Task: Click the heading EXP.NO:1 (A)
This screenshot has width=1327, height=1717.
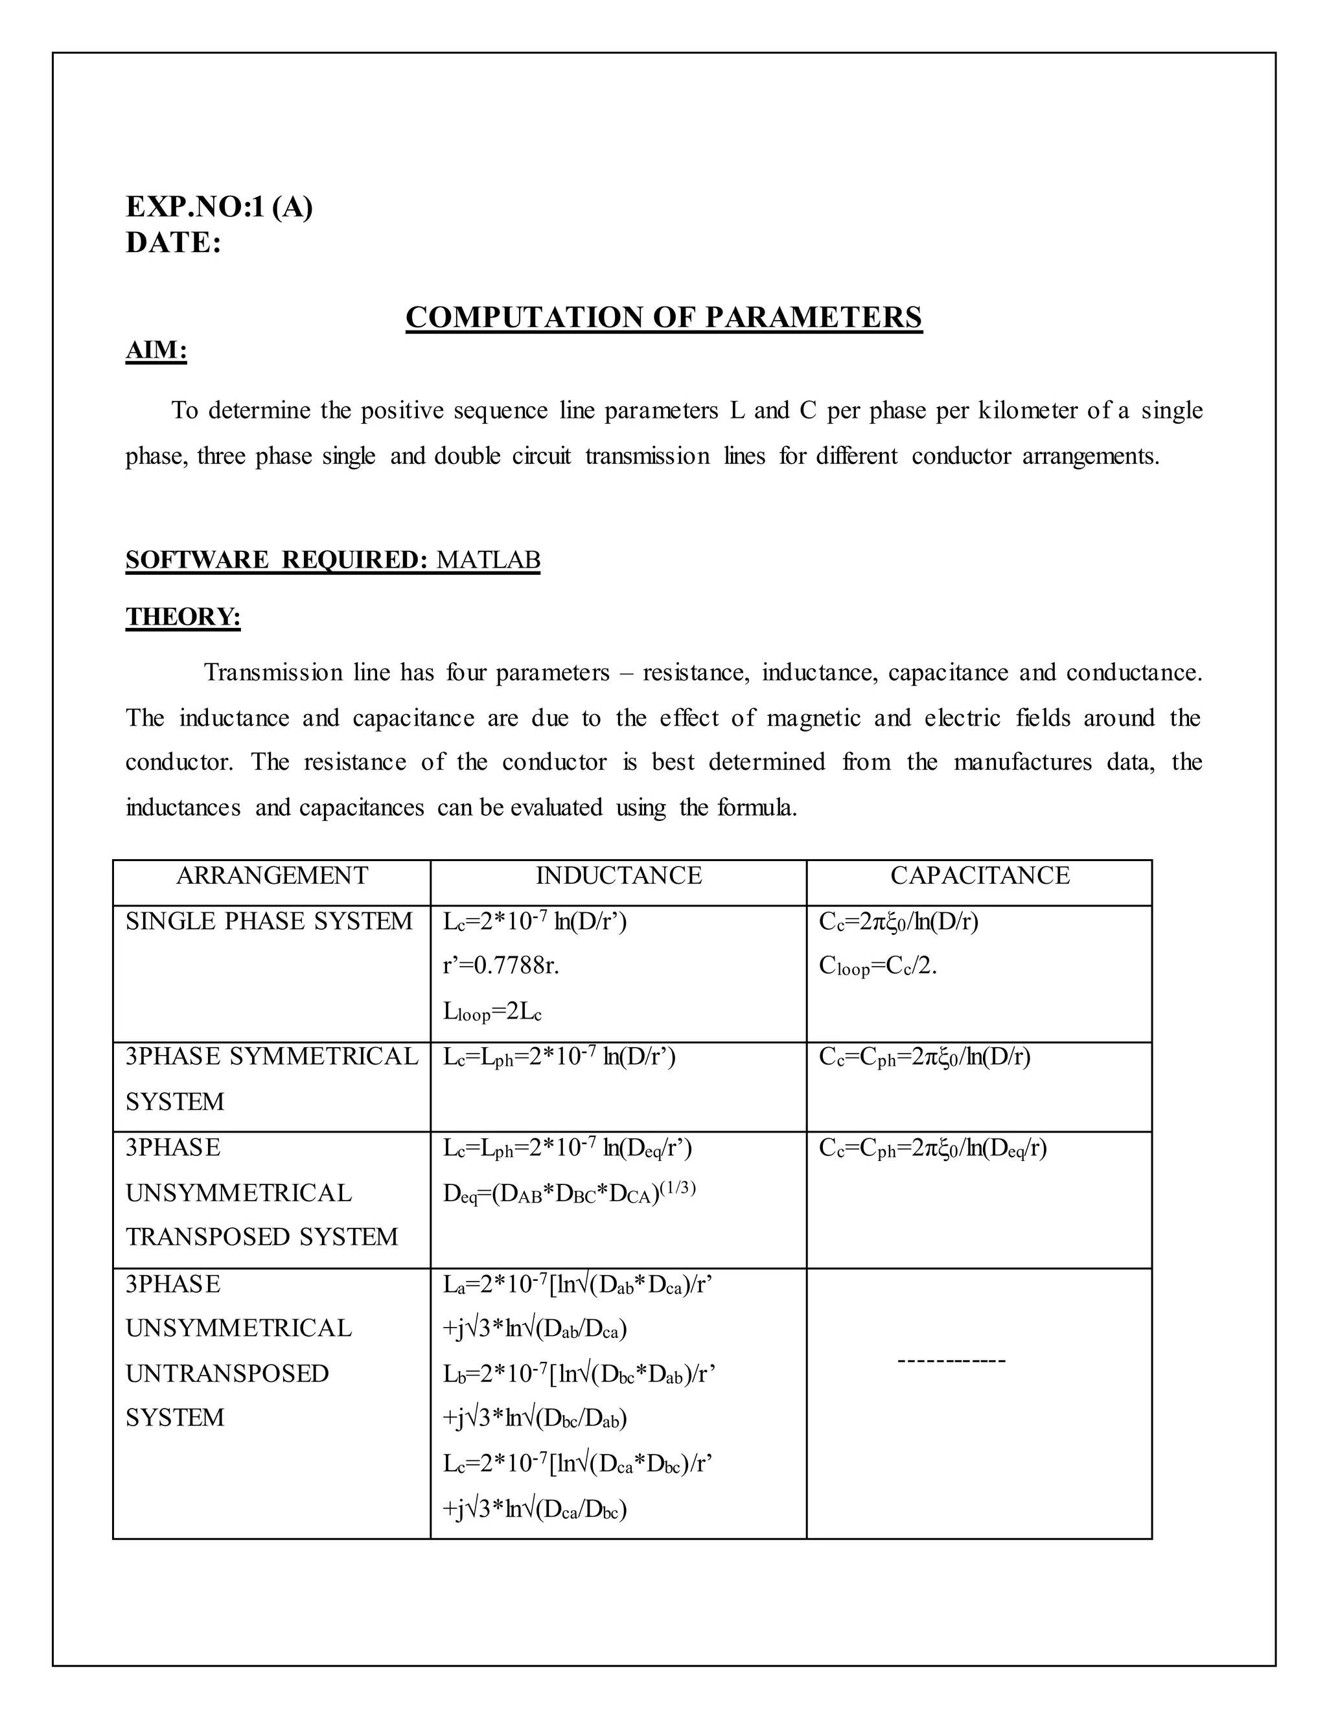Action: pyautogui.click(x=220, y=207)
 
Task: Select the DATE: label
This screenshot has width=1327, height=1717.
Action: pyautogui.click(x=174, y=243)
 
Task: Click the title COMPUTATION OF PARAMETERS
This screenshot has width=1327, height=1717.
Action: pyautogui.click(x=663, y=317)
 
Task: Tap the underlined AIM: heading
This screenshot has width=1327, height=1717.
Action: pyautogui.click(x=156, y=350)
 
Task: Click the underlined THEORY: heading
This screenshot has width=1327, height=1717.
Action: pyautogui.click(x=183, y=617)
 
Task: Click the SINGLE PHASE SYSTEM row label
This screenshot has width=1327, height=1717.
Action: pyautogui.click(x=269, y=921)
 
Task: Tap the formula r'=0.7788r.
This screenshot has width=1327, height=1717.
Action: pyautogui.click(x=501, y=965)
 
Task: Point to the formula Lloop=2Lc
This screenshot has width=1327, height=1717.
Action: pyautogui.click(x=492, y=1012)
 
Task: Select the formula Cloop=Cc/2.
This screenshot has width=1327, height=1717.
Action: pyautogui.click(x=877, y=966)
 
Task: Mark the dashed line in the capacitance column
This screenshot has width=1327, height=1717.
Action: pyautogui.click(x=951, y=1361)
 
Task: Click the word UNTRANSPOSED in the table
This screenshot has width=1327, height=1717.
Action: pyautogui.click(x=227, y=1374)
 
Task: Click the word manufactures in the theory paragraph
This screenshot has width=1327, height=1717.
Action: pyautogui.click(x=1022, y=762)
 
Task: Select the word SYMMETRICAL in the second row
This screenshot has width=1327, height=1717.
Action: pyautogui.click(x=324, y=1057)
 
